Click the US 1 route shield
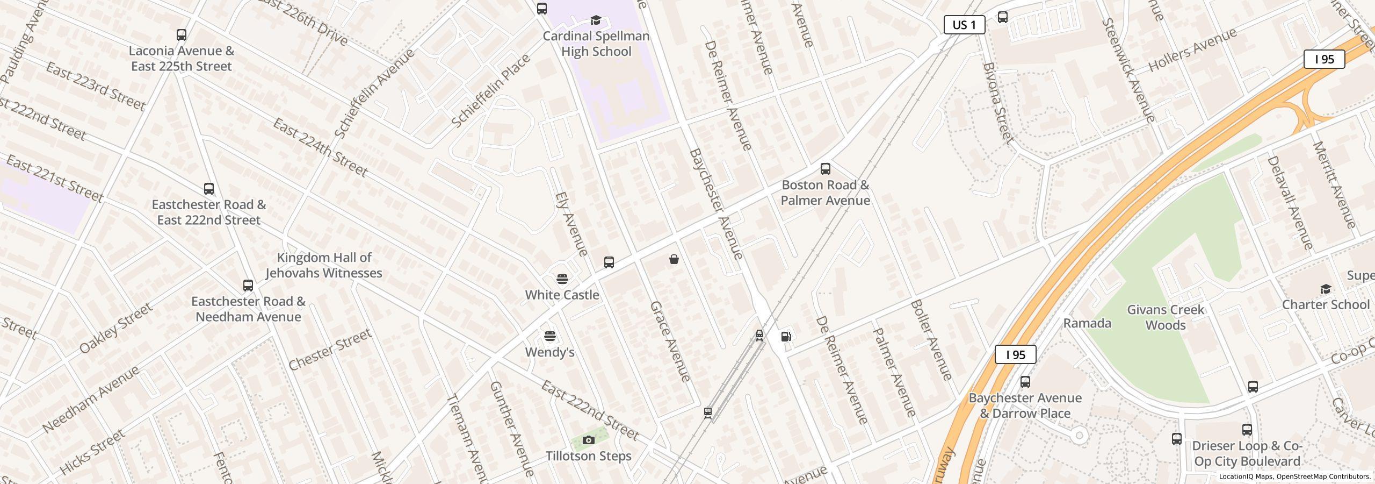click(964, 25)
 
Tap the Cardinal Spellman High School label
click(596, 44)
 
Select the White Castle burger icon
click(562, 279)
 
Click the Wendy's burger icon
click(549, 337)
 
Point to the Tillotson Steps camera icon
click(589, 440)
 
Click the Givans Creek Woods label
click(1165, 317)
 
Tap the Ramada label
click(1087, 323)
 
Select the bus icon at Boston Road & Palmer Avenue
click(826, 169)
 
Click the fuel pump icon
click(786, 337)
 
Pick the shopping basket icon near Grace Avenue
click(674, 260)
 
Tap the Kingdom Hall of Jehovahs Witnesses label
click(324, 265)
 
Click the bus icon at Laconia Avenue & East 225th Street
click(182, 35)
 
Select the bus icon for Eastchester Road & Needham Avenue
click(248, 285)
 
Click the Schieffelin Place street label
click(490, 91)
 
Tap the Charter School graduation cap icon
click(1326, 289)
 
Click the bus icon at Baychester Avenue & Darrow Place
click(1025, 382)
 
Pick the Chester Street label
click(330, 350)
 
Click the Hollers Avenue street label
click(1192, 50)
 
